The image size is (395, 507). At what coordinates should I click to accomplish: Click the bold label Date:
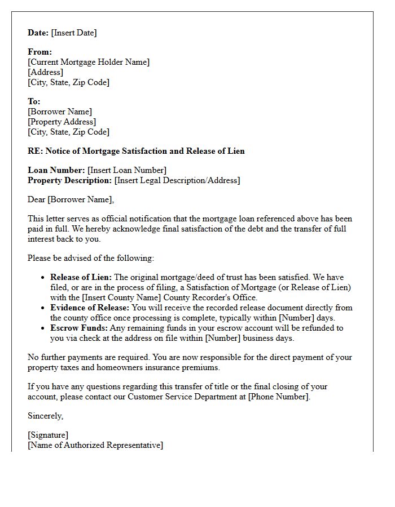point(38,33)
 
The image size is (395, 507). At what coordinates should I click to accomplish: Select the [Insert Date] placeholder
point(74,33)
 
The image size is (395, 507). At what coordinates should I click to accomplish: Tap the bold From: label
point(39,52)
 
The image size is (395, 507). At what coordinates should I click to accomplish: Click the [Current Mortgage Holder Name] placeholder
point(89,62)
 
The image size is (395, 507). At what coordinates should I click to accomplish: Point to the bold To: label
point(34,101)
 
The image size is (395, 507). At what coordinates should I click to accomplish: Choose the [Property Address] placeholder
point(62,122)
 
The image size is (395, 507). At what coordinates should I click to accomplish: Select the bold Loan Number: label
point(56,170)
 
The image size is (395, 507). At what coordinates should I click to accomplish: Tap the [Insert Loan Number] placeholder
point(127,170)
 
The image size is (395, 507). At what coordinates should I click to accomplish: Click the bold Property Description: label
point(70,180)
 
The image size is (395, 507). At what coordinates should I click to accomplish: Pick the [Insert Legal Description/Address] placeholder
point(177,180)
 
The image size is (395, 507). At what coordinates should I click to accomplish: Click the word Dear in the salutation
point(37,199)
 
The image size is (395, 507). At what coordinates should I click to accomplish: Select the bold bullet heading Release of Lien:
point(81,277)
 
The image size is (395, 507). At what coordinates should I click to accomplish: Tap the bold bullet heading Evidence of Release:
point(90,308)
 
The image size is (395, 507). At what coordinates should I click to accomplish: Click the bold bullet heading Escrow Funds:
point(79,328)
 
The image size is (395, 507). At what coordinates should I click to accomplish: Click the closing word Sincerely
point(46,416)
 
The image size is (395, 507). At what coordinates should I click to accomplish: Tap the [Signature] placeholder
point(48,435)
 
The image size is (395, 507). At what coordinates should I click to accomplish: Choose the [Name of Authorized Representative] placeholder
point(95,445)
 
